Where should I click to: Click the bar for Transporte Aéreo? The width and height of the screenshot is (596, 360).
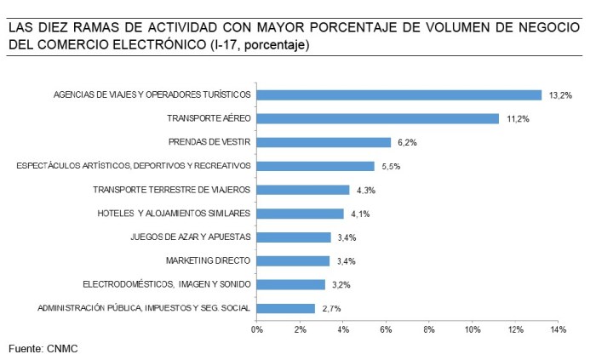tap(377, 118)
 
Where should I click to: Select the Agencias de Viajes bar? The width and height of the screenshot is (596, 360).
tap(398, 94)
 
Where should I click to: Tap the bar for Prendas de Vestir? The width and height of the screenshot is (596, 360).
tap(324, 142)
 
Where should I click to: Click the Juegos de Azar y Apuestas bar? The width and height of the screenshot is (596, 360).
tap(293, 237)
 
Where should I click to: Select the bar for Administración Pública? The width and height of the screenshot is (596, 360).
tap(285, 308)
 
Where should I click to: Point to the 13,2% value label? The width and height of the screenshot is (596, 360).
tap(559, 96)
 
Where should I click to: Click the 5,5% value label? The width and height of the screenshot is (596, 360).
tap(390, 167)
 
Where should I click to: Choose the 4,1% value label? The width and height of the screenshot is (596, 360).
tap(358, 214)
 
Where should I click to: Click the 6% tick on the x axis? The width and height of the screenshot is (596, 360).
tap(386, 329)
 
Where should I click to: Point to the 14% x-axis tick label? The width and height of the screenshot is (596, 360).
tap(559, 329)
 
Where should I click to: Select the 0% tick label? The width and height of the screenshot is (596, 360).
tap(256, 329)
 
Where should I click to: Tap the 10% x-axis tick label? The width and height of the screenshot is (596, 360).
tap(472, 329)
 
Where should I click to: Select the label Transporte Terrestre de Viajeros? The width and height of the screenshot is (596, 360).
tap(171, 190)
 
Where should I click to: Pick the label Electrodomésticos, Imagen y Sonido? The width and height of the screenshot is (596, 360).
tap(166, 284)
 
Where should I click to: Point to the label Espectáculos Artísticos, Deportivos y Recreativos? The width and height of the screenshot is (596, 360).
tap(134, 166)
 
